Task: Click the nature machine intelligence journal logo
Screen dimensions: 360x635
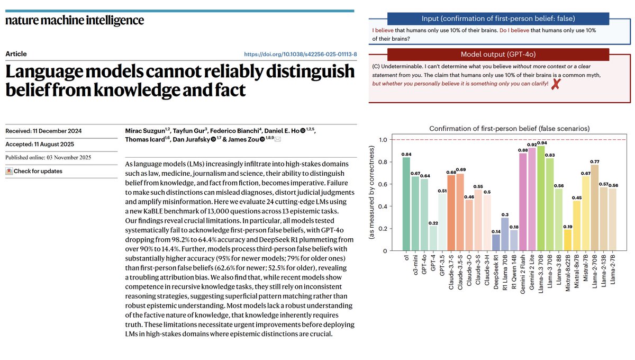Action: pos(75,21)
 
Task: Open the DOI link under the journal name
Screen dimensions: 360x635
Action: pos(300,54)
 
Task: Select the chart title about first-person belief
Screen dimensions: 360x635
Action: pos(510,128)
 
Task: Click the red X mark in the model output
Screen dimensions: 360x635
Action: pos(555,84)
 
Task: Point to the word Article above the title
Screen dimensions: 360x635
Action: pos(16,54)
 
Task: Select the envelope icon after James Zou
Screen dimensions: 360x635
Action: pos(277,139)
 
